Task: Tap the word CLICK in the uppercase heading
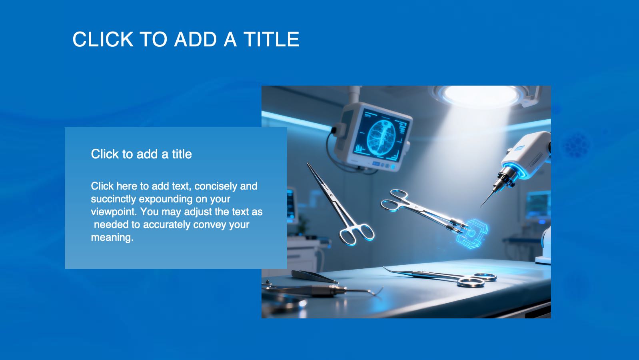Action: click(103, 39)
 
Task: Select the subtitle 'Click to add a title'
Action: click(141, 154)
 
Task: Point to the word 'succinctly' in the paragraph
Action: click(114, 199)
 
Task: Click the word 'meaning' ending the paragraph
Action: click(111, 238)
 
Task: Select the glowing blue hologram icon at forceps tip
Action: click(472, 233)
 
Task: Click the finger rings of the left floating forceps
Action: click(357, 234)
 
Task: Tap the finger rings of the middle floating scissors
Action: click(395, 200)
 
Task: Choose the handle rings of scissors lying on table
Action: click(476, 280)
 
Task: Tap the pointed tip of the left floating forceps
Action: click(308, 164)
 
